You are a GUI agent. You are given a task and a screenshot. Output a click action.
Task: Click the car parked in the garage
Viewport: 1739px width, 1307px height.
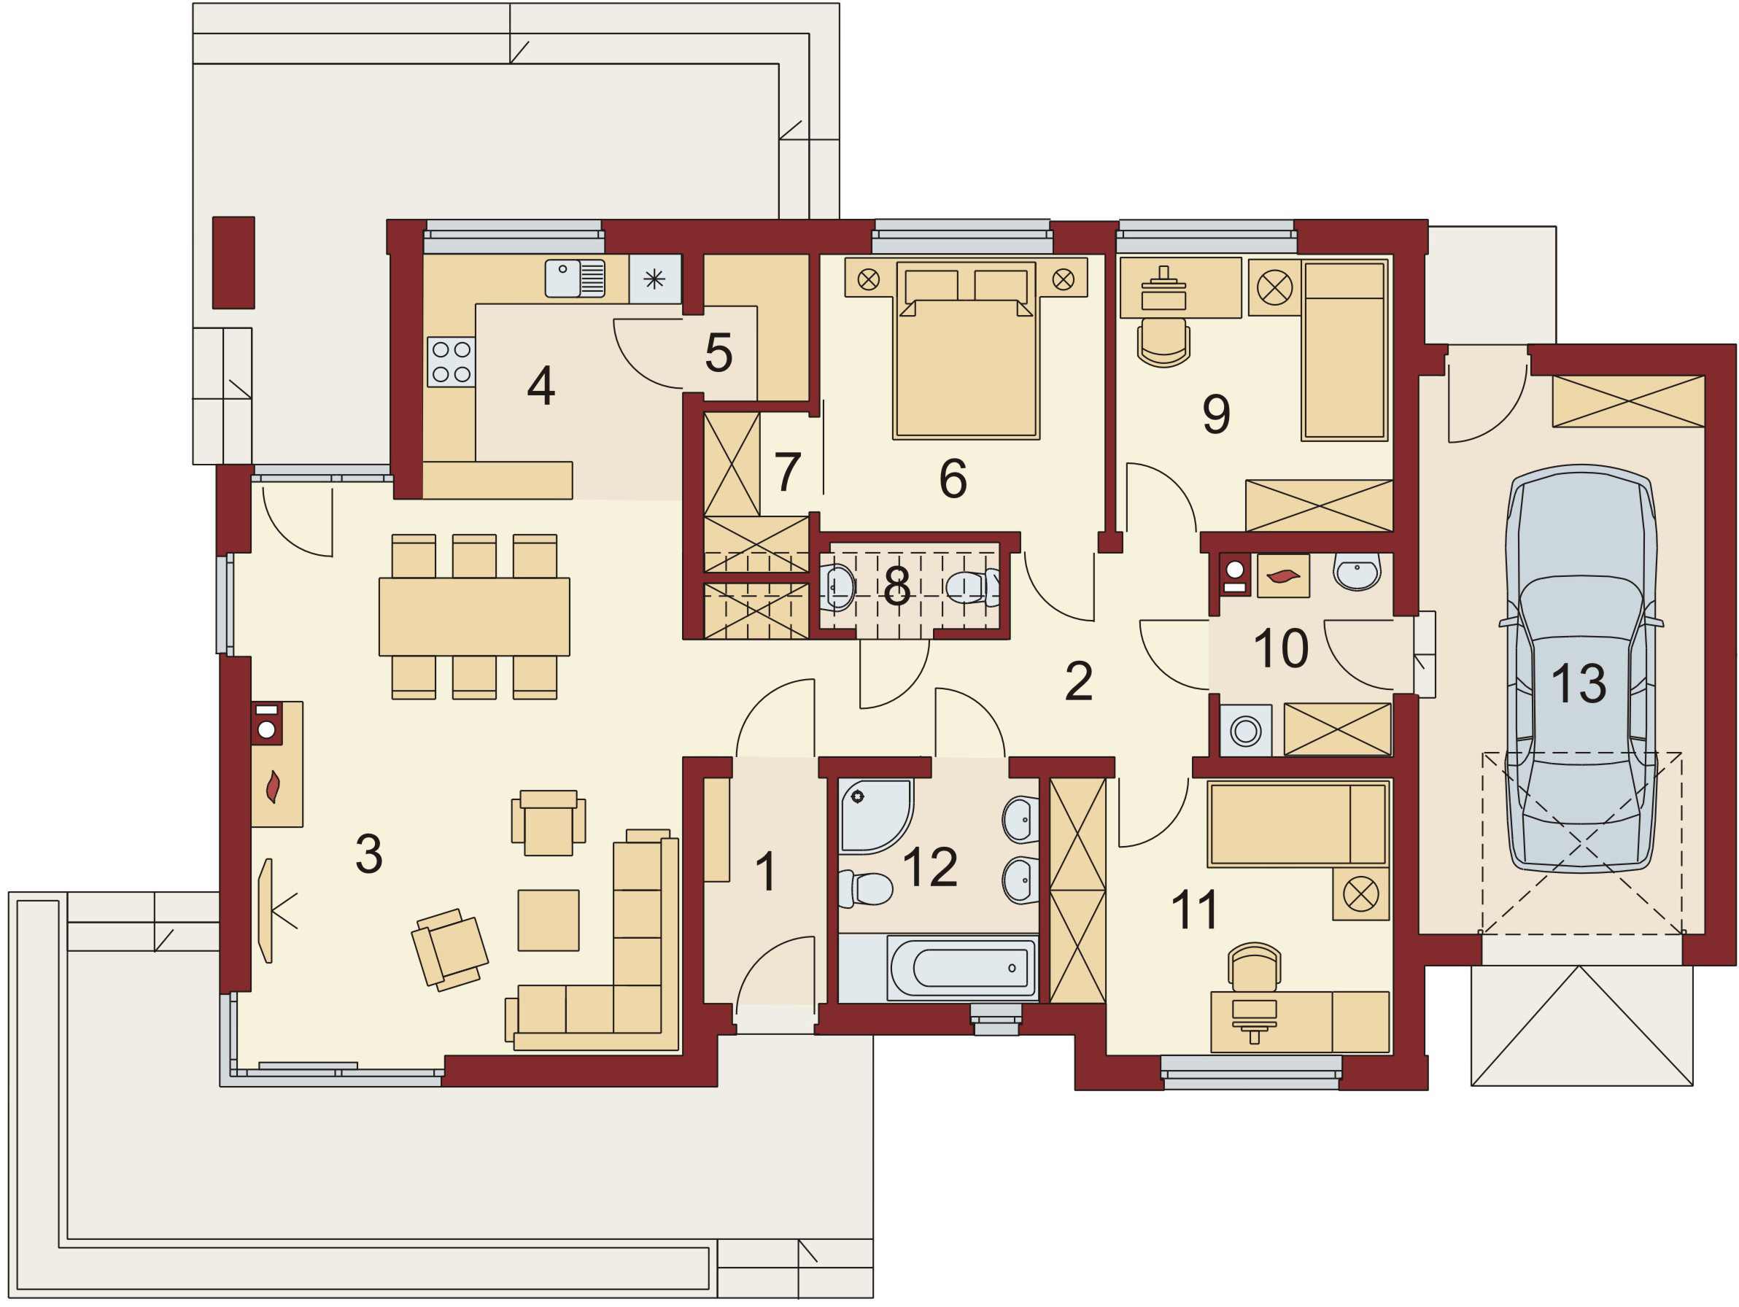[x=1581, y=668]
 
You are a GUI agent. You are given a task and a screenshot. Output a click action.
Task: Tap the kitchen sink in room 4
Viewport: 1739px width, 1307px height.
[x=576, y=278]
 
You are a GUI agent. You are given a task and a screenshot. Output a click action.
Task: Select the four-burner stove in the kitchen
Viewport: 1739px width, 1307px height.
[x=452, y=362]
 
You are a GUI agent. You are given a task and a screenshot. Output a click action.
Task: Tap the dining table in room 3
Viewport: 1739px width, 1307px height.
[x=474, y=617]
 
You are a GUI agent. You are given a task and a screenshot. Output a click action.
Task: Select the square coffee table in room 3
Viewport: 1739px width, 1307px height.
[x=549, y=920]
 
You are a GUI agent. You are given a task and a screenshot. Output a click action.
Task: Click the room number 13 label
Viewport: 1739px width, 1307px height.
[x=1579, y=683]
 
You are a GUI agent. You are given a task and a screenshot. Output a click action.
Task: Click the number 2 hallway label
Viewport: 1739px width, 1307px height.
[x=1079, y=681]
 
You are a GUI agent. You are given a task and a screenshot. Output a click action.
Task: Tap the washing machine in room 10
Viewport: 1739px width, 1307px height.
[x=1246, y=731]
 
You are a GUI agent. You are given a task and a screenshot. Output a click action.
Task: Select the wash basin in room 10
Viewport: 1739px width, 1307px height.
[x=1357, y=571]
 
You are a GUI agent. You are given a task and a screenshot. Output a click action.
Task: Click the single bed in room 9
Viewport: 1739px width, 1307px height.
[x=1344, y=350]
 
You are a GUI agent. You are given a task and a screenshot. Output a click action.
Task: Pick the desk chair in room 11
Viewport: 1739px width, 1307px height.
[x=1255, y=967]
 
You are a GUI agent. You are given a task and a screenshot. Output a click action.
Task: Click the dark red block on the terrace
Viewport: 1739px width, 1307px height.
[x=233, y=263]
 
